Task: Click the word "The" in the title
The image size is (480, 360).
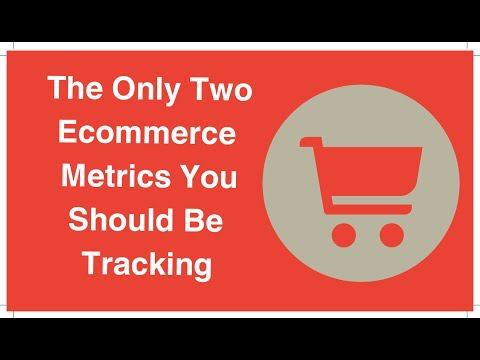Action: pos(75,88)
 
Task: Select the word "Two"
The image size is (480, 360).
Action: pos(223,88)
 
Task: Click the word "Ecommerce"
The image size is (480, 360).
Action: pos(147,132)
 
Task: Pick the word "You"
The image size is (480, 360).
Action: pos(211,176)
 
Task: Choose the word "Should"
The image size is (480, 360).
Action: pos(121,219)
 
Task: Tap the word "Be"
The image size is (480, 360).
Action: pos(204,220)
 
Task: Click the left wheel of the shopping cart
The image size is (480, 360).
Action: pos(344,235)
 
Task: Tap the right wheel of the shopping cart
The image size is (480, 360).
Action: pos(392,235)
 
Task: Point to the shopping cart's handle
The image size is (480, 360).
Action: pos(311,141)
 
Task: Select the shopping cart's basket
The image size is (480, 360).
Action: pos(371,172)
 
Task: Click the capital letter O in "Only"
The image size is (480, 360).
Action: pos(124,88)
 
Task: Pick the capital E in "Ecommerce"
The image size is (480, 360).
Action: pos(68,132)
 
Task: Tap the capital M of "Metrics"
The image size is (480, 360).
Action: pos(74,176)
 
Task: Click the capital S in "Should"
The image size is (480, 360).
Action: pos(79,219)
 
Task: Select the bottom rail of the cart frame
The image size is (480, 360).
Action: pos(371,209)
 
